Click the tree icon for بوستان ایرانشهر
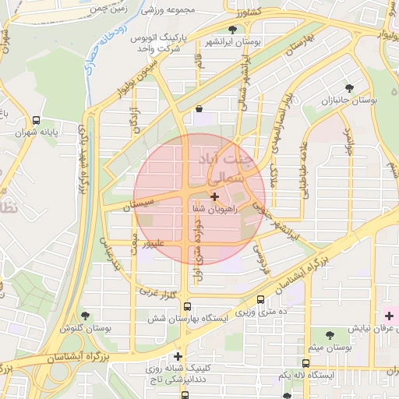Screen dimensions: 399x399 pos(231,30)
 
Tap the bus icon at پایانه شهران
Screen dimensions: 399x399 pos(36,120)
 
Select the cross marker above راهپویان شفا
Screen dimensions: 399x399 pos(215,197)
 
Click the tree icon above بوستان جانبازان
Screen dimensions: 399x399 pos(349,89)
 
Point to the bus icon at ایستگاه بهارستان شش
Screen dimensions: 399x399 pos(187,306)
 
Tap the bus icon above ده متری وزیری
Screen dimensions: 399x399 pos(260,299)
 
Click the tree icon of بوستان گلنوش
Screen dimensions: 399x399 pos(85,316)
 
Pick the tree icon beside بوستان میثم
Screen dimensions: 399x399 pos(330,335)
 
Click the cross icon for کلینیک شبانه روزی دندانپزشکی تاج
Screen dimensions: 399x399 pos(178,356)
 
